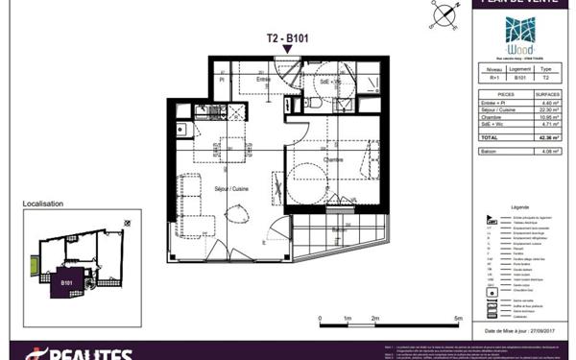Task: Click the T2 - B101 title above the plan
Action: point(287,39)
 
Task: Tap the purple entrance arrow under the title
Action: point(288,49)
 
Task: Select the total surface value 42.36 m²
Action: point(546,137)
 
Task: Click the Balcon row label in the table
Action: point(489,150)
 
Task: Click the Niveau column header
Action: point(492,70)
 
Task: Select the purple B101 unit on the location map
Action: point(66,282)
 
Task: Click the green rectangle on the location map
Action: point(37,261)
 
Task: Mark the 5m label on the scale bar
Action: point(458,316)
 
